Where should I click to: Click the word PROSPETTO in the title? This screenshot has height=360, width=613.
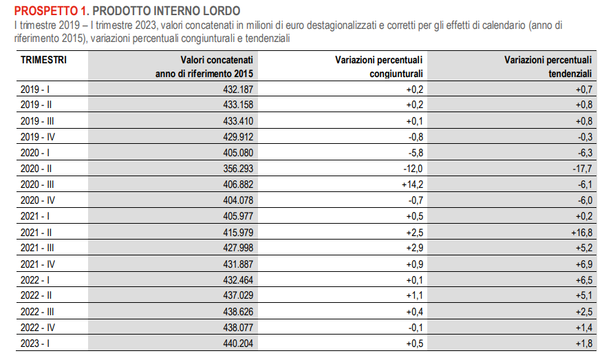click(x=46, y=10)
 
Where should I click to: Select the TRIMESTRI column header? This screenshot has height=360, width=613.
click(x=43, y=60)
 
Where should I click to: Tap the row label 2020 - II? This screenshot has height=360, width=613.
click(x=36, y=169)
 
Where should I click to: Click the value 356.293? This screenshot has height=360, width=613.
click(x=238, y=169)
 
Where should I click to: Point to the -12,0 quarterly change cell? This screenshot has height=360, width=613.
click(x=413, y=169)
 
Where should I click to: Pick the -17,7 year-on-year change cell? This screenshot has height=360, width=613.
click(x=583, y=169)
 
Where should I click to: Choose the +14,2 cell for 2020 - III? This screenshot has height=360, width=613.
click(x=412, y=184)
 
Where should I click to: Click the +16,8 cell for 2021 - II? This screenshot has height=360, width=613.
click(x=582, y=233)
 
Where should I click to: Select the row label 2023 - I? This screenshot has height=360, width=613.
click(x=35, y=343)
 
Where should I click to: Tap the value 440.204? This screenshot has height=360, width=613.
click(x=238, y=343)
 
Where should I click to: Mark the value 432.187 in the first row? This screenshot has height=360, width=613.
click(x=238, y=89)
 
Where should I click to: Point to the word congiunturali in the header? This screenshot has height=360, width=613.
click(x=396, y=74)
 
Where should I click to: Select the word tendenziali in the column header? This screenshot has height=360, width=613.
click(x=570, y=74)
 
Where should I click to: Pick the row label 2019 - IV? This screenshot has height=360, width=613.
click(x=38, y=137)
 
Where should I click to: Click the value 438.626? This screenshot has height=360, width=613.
click(x=238, y=312)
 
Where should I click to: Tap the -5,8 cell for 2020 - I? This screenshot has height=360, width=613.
click(x=416, y=153)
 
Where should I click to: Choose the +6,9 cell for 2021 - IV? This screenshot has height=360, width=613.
click(x=584, y=264)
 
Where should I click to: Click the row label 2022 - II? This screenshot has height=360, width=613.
click(x=36, y=295)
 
